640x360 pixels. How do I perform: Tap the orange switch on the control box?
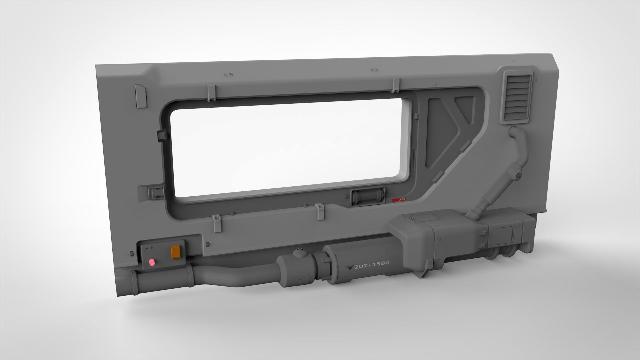point(175,252)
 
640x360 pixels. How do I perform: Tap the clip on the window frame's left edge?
point(161,136)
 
